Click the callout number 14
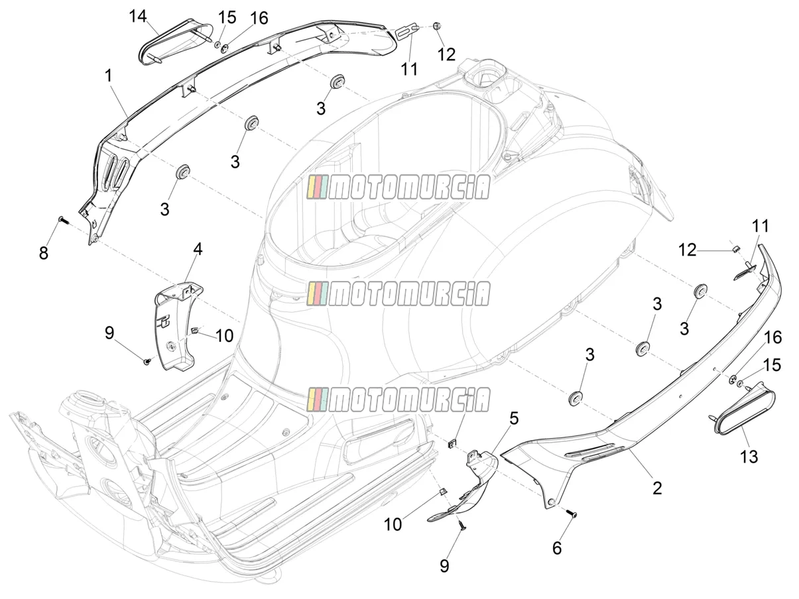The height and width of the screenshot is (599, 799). pyautogui.click(x=138, y=17)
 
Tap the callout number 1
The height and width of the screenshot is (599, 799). pyautogui.click(x=109, y=76)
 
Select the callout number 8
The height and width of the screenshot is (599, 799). pyautogui.click(x=44, y=253)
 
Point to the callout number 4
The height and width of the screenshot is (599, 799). pyautogui.click(x=198, y=249)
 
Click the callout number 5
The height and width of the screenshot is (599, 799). pyautogui.click(x=514, y=418)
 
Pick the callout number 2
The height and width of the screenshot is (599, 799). pyautogui.click(x=657, y=488)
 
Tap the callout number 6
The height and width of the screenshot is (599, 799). pyautogui.click(x=557, y=549)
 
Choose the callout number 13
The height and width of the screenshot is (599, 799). pyautogui.click(x=749, y=457)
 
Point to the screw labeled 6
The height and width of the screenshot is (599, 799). pyautogui.click(x=572, y=514)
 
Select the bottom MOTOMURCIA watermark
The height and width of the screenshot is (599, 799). pyautogui.click(x=398, y=400)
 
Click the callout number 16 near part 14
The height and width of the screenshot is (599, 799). pyautogui.click(x=259, y=18)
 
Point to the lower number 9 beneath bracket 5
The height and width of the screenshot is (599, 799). pyautogui.click(x=444, y=567)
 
